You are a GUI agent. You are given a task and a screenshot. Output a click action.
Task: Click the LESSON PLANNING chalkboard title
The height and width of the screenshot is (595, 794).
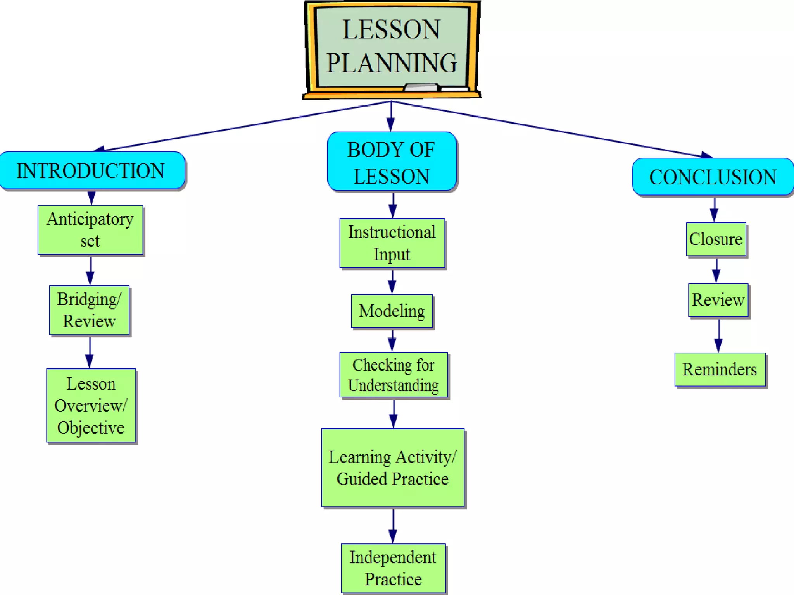(392, 46)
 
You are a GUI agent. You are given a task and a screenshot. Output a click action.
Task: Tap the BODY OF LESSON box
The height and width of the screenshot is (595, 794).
(392, 162)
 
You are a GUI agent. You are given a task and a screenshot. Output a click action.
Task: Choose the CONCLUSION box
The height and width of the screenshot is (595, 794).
(713, 177)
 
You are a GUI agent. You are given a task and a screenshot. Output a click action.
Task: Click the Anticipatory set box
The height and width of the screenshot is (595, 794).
(90, 230)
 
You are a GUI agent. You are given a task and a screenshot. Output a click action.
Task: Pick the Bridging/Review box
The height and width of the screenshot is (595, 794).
(90, 310)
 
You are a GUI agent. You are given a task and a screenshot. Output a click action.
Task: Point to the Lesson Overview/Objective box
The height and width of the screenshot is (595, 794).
(91, 405)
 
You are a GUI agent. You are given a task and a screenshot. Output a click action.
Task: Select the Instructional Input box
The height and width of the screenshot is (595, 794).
(392, 243)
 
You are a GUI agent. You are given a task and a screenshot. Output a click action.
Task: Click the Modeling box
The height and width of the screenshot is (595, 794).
(392, 311)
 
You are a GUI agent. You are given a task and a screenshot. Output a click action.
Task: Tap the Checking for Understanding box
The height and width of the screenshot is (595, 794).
(394, 375)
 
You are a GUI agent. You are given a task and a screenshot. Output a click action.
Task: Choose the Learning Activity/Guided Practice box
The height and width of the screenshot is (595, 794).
(393, 468)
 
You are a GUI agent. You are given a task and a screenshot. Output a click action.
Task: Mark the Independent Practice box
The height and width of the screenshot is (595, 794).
(393, 568)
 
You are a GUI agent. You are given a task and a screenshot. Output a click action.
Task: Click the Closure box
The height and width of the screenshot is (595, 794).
(716, 239)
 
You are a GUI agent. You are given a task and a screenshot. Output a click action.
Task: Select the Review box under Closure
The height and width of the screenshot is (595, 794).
(718, 300)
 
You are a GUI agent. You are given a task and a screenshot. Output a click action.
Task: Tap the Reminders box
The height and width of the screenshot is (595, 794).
(720, 369)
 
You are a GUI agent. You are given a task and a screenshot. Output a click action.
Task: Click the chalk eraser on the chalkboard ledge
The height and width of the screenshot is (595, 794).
(421, 88)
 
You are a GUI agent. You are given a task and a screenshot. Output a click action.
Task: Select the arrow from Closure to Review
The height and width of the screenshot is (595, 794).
(716, 270)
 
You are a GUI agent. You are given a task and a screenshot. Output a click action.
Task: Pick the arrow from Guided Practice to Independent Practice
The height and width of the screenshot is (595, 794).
(393, 526)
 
